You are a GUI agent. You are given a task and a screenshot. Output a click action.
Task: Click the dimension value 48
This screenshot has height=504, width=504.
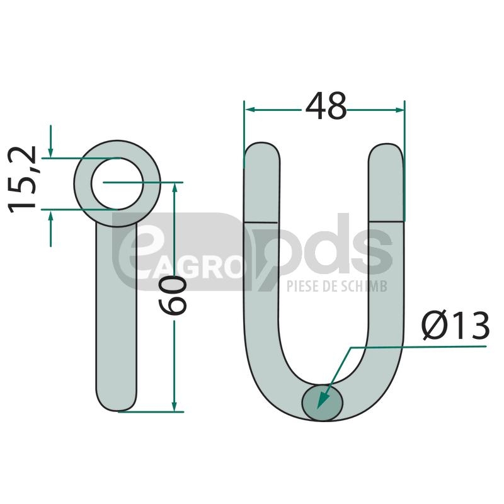coord(326,106)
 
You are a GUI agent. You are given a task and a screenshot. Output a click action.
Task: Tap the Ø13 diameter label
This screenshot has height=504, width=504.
coord(455,325)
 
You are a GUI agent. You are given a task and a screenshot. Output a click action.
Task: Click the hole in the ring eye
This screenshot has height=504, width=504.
coord(117,184)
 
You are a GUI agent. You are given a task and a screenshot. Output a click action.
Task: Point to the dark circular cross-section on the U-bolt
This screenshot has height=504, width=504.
coord(323,403)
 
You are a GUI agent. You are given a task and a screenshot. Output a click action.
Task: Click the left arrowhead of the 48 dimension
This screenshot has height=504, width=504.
coord(250,110)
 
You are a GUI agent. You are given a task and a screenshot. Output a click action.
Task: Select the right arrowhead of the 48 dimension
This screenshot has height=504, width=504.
coord(399,110)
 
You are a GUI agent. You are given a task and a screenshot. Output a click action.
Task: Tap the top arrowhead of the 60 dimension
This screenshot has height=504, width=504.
coord(175,188)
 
